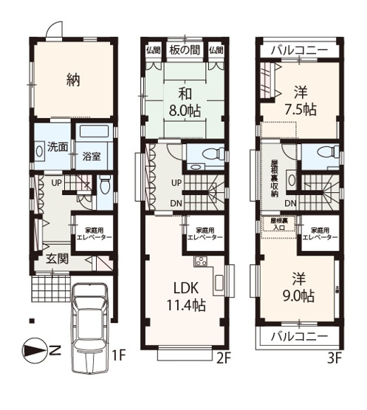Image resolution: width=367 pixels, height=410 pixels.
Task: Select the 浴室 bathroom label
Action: (92, 157)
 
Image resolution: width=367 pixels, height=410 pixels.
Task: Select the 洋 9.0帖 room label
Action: (300, 287)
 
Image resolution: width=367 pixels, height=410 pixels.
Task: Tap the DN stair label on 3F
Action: (291, 203)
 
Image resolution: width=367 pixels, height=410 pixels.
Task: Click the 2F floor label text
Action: (224, 358)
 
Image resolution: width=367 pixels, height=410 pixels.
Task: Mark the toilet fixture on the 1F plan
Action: (104, 185)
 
